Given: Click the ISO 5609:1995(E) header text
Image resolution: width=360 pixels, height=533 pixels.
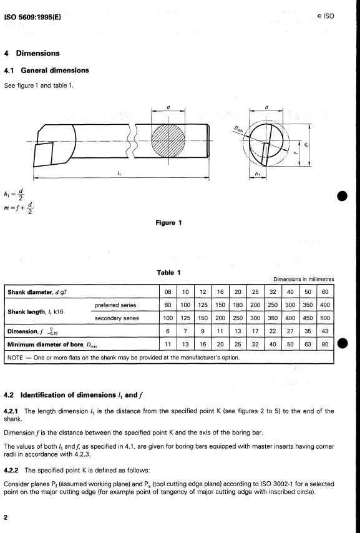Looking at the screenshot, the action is [32, 17].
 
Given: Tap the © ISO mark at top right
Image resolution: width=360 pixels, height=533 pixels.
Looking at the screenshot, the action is [325, 16].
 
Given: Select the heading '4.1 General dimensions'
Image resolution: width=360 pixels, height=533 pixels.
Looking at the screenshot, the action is [46, 71].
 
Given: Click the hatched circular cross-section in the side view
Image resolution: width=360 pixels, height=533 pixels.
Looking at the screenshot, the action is [168, 140].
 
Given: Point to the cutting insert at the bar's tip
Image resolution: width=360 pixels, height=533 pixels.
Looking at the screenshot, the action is [44, 154].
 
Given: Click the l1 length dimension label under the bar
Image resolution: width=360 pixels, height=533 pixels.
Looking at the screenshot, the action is [119, 174].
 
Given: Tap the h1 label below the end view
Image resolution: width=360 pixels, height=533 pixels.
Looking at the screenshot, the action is [258, 174].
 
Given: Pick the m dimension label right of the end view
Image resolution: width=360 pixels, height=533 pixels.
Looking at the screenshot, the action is [306, 145].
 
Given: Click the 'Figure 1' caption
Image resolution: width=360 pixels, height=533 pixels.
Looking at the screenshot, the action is [168, 223].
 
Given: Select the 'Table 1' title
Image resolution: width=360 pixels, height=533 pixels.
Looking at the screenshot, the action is [168, 272].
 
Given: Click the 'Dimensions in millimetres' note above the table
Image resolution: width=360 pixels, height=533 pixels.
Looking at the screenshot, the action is [304, 279].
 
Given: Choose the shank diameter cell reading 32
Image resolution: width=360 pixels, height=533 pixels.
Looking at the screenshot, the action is [273, 292].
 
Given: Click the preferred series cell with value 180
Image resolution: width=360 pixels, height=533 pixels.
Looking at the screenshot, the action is [238, 305].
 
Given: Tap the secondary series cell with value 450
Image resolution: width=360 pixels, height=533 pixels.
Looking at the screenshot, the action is [308, 318].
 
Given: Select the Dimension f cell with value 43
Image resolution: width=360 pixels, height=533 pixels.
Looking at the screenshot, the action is [325, 331].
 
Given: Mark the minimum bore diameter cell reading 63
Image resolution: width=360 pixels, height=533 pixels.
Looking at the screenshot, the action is [308, 344].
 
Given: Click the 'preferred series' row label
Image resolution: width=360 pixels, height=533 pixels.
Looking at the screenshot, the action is [115, 305].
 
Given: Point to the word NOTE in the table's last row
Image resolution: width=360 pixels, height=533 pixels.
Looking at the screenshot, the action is [15, 358].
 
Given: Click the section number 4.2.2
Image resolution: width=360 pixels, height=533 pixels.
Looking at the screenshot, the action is [11, 471].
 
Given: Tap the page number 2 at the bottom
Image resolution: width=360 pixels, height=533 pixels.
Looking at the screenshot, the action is [6, 517].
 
